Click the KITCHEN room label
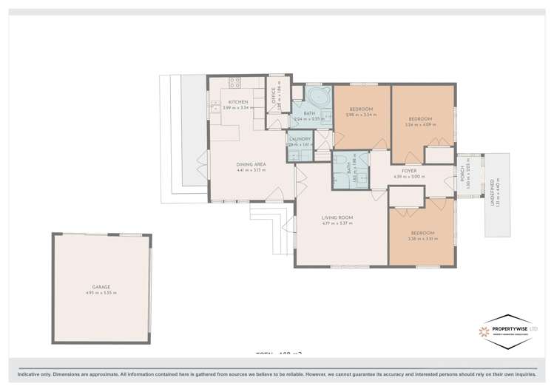click(237, 101)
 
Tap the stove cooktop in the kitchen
click(235, 83)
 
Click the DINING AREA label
click(251, 164)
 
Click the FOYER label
click(408, 171)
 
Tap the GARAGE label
click(102, 287)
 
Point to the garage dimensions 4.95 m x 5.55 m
click(102, 294)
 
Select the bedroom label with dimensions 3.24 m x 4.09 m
click(420, 118)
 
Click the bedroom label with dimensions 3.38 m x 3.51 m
click(421, 233)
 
